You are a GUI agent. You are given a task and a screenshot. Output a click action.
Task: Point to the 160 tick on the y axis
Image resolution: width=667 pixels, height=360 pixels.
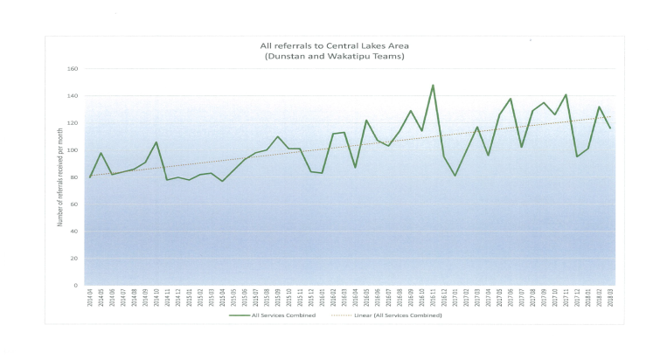(73, 69)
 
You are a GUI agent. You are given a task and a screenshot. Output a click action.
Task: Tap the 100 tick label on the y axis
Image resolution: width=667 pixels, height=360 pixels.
(73, 150)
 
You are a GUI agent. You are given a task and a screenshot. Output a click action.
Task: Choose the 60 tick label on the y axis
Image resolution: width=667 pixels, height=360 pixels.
(74, 204)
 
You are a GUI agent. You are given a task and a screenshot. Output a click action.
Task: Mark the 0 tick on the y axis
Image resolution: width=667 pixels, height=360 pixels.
(76, 286)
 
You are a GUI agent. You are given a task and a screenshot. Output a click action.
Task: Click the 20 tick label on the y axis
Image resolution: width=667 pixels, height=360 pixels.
(74, 259)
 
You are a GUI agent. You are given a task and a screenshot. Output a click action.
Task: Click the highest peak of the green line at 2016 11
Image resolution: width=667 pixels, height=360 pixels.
(433, 86)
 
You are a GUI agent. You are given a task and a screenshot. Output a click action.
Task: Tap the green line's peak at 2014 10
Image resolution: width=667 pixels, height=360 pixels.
(156, 142)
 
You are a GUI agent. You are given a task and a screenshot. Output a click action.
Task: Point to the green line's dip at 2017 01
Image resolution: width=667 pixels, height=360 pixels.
(455, 176)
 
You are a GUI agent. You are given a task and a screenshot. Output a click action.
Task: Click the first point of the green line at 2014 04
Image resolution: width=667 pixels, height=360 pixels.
(90, 177)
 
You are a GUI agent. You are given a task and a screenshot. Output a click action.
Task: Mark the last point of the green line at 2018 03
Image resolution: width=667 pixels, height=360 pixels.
(610, 128)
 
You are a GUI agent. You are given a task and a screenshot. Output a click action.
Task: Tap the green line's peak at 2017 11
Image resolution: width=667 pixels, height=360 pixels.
(566, 94)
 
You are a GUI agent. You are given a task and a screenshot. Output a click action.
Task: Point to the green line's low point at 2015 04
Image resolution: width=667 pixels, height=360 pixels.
(222, 181)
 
